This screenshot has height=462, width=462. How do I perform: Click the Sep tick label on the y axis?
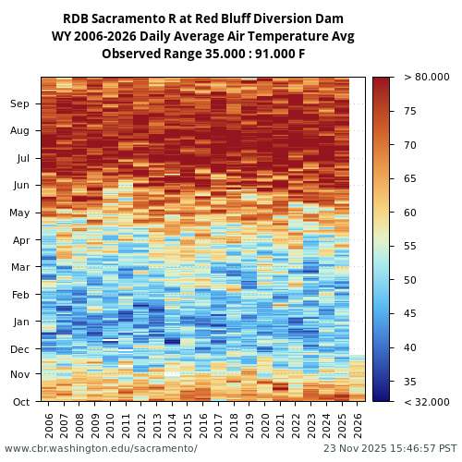pos(19,104)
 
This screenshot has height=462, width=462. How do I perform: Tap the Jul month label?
pos(21,158)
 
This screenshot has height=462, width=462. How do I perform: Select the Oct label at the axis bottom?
pos(20,402)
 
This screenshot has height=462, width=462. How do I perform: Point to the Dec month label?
pos(19,348)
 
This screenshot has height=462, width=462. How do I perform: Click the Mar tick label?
pos(19,267)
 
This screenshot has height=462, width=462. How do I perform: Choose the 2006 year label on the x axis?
pos(49,424)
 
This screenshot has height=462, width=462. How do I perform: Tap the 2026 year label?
pos(357,424)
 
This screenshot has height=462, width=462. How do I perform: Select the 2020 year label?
pos(264,424)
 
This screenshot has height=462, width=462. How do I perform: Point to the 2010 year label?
pos(110,424)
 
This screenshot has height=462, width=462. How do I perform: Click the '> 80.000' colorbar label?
pos(426,78)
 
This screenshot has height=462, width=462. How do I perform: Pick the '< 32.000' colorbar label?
pos(426,402)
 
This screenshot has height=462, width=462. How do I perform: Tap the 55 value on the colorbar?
pos(410,247)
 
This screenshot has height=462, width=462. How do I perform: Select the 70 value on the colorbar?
pos(410,145)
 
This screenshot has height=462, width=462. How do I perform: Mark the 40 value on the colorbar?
pos(410,347)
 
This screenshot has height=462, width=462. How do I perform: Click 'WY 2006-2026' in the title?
pos(92,37)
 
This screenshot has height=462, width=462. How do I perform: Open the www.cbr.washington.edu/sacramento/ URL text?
pos(101,448)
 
